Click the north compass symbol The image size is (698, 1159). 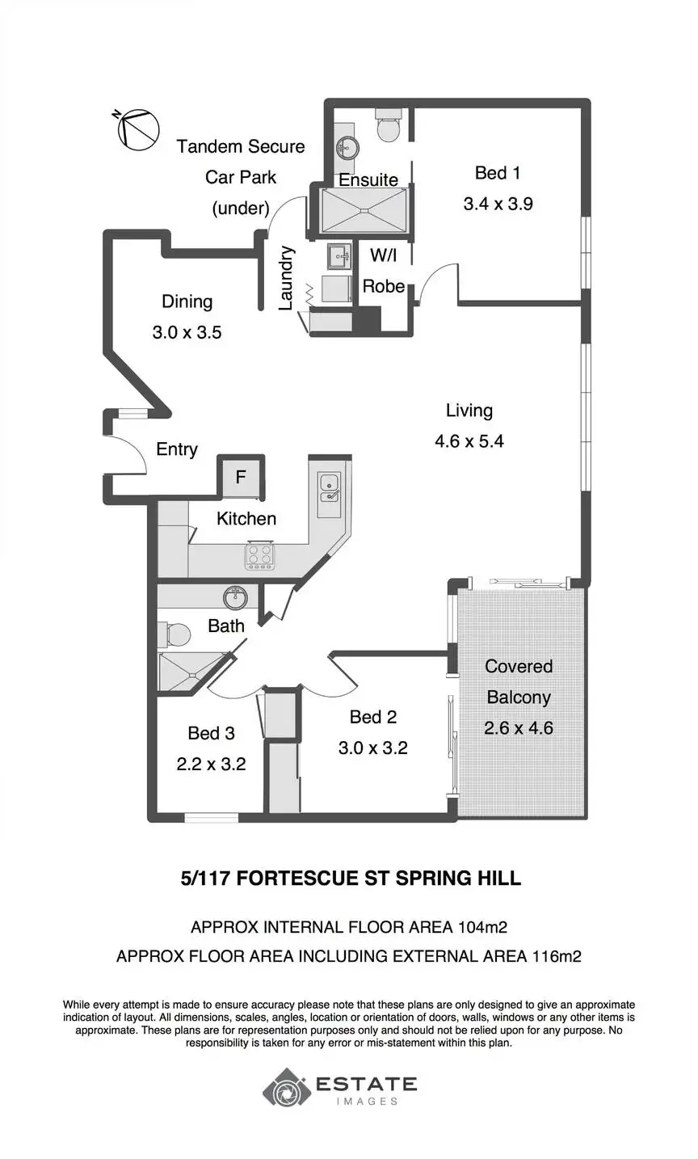click(137, 129)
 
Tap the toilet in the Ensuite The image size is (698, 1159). click(387, 124)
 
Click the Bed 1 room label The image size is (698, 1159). click(498, 173)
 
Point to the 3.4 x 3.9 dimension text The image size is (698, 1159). click(498, 204)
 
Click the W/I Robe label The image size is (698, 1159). click(383, 270)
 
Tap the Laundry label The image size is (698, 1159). click(285, 278)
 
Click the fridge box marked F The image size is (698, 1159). click(241, 477)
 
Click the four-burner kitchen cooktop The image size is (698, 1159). click(259, 556)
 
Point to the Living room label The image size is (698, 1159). click(469, 411)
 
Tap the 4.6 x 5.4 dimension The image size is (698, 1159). click(469, 441)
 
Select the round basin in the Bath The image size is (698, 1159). click(235, 598)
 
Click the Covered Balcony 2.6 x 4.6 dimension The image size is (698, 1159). click(519, 728)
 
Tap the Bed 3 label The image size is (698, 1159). click(211, 733)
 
